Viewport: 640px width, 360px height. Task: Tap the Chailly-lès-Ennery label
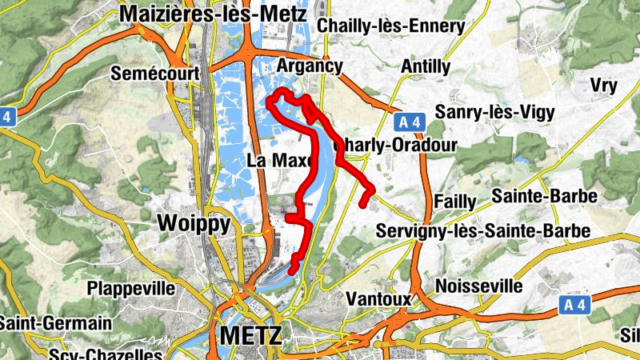(390, 26)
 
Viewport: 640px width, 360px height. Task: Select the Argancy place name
(310, 66)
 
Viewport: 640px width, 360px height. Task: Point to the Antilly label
(426, 66)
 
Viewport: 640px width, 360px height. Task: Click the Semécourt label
(155, 74)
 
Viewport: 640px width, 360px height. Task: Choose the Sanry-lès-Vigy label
(493, 112)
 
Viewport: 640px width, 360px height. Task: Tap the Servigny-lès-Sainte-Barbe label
(482, 231)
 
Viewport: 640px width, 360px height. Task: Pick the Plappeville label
(131, 287)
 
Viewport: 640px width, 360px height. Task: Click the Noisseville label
(479, 286)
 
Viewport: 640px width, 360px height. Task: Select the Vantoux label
(379, 298)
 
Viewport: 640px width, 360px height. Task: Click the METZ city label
(250, 335)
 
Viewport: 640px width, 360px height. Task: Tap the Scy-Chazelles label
(105, 354)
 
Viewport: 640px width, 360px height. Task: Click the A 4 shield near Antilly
(409, 122)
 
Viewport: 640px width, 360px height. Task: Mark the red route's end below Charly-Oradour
(364, 204)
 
